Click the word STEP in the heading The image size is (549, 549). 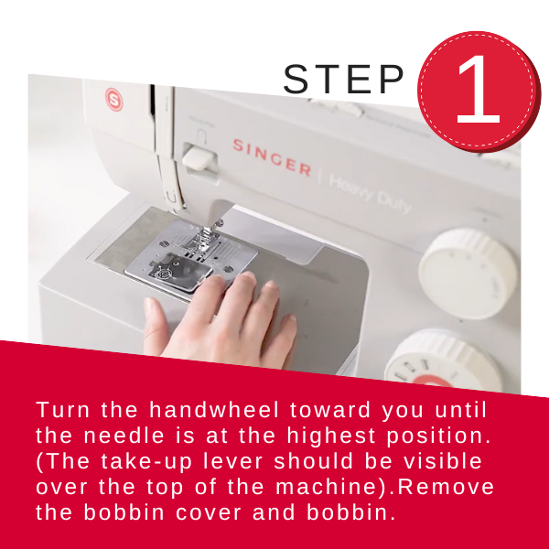point(343,80)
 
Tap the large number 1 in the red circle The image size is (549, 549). point(477,91)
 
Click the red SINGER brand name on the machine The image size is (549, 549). point(271,156)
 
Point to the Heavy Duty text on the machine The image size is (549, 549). point(371,193)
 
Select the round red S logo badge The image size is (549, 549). point(113,96)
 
